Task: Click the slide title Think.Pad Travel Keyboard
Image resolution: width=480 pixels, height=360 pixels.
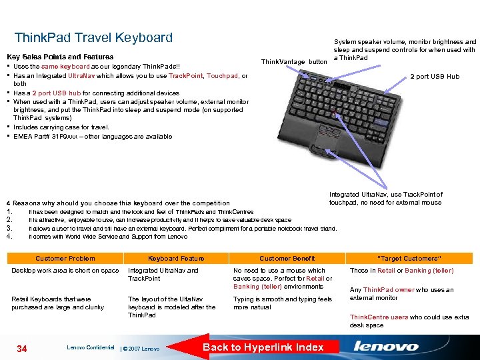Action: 93,38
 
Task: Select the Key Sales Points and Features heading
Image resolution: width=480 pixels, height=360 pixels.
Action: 60,57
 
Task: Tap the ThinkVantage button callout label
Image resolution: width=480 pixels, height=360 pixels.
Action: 294,61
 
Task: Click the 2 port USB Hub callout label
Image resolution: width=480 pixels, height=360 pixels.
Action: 435,77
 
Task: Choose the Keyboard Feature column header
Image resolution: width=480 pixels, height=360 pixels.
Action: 176,258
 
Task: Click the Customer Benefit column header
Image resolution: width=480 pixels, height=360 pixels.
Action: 287,258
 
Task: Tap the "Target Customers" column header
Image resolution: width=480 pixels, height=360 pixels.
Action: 409,258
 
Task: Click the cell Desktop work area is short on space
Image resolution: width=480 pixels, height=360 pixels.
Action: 65,271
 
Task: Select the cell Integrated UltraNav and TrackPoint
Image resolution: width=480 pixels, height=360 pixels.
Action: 163,275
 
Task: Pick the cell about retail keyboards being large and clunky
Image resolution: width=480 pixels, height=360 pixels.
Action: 57,303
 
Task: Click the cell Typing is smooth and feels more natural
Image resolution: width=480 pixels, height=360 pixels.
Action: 282,303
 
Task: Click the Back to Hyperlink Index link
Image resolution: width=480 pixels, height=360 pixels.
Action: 263,347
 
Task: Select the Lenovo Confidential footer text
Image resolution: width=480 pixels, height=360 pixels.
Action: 90,347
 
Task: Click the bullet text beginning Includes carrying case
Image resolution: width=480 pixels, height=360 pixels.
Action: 61,127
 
